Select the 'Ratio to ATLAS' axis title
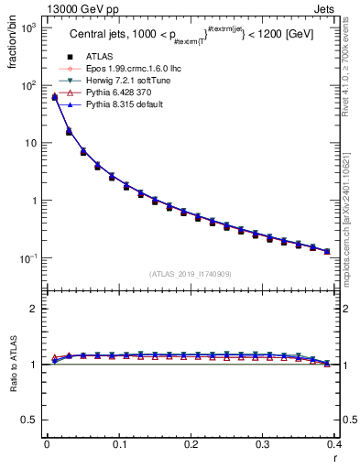pos(14,366)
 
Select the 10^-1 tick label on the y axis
pos(28,259)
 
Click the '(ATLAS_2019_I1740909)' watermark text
pos(191,274)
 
